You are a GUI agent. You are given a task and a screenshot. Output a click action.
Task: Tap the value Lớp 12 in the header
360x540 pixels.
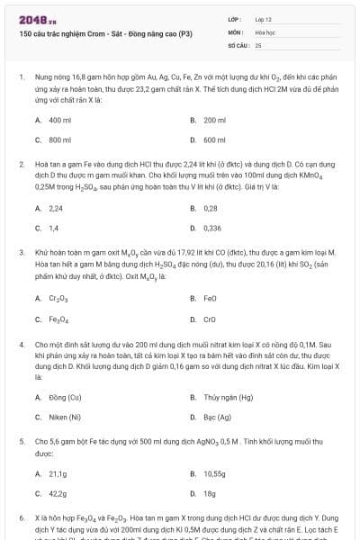[x=264, y=19]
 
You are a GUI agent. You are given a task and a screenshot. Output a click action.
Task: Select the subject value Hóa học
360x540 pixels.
[x=265, y=31]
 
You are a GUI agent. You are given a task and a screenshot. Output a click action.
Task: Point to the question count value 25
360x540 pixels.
[x=258, y=44]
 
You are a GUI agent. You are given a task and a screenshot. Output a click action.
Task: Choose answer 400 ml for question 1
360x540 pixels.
[x=59, y=120]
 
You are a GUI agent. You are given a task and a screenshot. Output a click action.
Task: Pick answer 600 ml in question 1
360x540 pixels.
[x=214, y=139]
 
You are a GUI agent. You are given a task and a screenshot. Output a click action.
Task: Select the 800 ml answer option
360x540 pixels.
[x=59, y=139]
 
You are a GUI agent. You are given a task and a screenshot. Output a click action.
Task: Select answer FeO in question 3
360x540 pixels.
[x=211, y=297]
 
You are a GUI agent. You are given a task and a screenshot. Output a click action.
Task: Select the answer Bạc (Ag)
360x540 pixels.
[x=217, y=417]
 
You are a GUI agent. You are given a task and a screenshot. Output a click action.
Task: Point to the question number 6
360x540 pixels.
[x=21, y=519]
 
